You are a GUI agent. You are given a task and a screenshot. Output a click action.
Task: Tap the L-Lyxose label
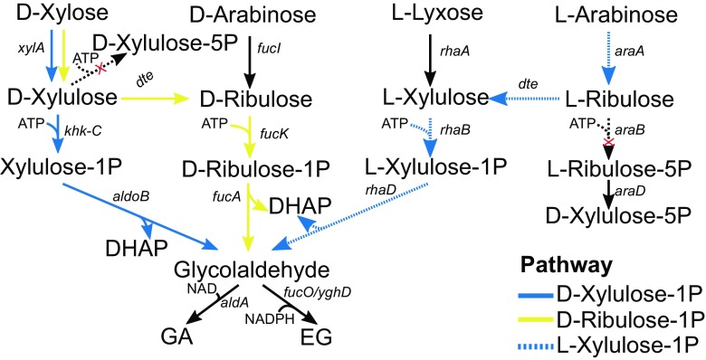click(428, 15)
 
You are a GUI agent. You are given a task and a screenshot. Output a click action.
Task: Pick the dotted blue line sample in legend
click(532, 345)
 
